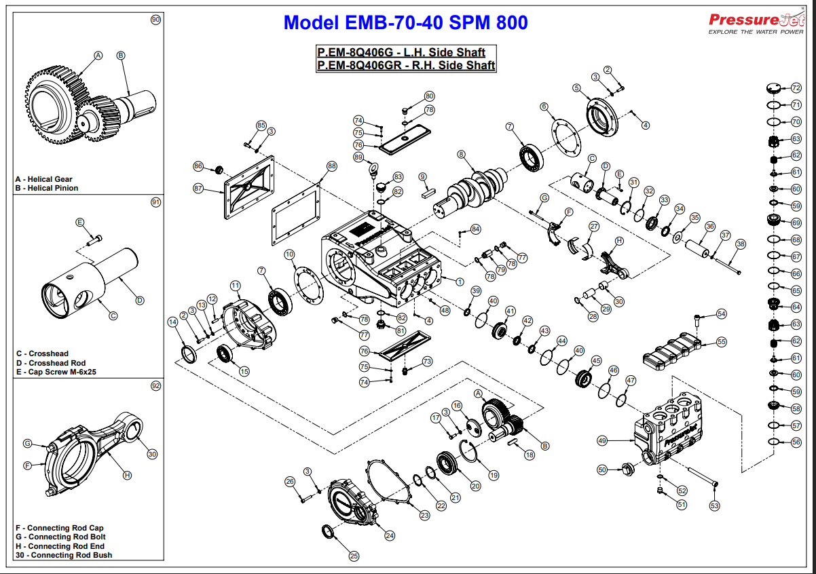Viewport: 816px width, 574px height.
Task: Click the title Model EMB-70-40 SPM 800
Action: coord(405,22)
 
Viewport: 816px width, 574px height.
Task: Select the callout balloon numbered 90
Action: coord(155,20)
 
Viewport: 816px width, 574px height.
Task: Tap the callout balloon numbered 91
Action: coord(155,202)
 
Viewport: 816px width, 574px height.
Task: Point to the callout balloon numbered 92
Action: coord(155,385)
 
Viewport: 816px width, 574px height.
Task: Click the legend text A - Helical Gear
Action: coord(43,180)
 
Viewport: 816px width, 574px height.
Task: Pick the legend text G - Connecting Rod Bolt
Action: coord(60,537)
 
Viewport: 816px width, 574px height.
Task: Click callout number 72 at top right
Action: coord(796,88)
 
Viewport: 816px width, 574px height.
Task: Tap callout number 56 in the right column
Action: coord(796,442)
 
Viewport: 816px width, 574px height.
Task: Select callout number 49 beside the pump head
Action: coord(601,440)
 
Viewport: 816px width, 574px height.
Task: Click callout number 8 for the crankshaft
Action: coord(461,154)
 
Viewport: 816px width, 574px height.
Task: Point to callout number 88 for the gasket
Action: coord(331,166)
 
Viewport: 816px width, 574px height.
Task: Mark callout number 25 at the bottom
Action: coord(354,556)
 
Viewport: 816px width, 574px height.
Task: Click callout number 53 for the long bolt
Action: coord(714,505)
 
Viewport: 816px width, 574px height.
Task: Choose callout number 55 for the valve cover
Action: coord(721,341)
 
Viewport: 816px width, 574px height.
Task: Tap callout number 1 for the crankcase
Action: coord(460,282)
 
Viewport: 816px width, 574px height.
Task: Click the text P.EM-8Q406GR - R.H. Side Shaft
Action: coord(406,65)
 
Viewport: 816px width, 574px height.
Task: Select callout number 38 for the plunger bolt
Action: coord(740,244)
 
